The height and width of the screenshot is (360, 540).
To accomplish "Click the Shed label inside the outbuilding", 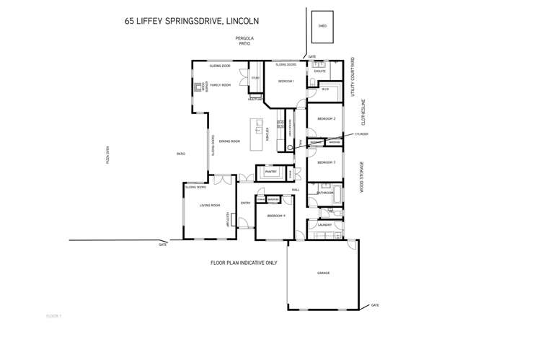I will coord(322,26).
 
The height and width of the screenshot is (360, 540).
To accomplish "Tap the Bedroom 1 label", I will coord(286,81).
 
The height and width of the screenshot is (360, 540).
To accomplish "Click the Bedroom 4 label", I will coord(276,216).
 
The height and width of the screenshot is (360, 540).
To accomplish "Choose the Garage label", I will coord(324,273).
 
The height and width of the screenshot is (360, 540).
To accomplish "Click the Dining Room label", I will coord(230,141).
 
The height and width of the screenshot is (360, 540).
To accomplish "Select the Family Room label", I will coord(221,85).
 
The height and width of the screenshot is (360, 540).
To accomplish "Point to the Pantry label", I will coord(271,172).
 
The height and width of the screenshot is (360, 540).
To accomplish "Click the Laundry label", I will coord(324,225).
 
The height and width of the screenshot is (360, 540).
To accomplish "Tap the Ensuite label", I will coord(320,71).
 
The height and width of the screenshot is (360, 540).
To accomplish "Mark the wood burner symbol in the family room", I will coord(198,87).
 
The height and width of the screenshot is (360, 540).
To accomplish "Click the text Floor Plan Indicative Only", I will coord(244,263).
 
